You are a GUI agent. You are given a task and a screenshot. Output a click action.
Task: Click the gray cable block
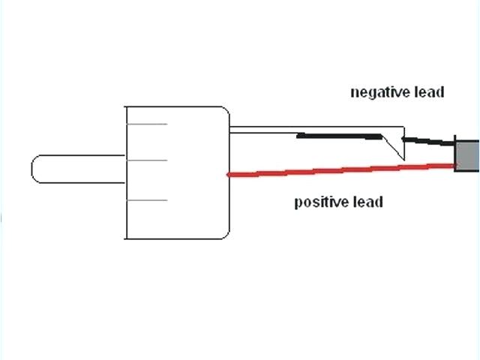[466, 155]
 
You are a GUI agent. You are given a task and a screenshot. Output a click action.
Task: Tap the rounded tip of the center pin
[35, 168]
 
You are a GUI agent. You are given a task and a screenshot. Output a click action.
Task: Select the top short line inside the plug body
[146, 124]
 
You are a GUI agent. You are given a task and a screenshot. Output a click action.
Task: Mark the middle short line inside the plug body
[146, 160]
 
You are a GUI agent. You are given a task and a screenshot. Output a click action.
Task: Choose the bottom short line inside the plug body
[146, 200]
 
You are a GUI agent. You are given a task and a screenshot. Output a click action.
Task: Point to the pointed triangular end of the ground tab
[403, 157]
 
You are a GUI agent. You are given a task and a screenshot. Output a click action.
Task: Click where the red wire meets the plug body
[229, 175]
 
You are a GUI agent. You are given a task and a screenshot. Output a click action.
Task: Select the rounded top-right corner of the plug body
[223, 112]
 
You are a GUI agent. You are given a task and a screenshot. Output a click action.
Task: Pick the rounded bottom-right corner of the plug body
[223, 233]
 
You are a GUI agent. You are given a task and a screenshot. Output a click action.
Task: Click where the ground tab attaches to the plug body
[230, 129]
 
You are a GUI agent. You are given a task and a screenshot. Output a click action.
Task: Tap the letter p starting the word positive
[298, 203]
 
